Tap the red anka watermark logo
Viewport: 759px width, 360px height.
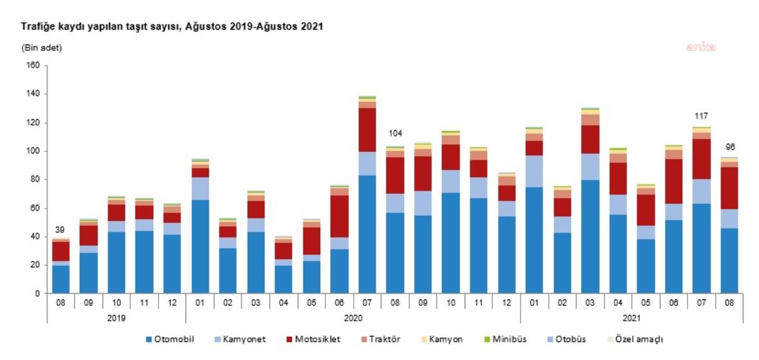tap(701, 47)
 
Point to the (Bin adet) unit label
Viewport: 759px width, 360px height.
tap(42, 48)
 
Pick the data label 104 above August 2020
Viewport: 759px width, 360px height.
tap(395, 133)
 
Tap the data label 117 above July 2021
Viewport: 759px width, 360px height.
tap(701, 116)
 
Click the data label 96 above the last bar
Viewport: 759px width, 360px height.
tap(731, 147)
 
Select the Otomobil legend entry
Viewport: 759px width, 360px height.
tap(170, 339)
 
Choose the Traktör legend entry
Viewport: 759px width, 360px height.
tap(381, 339)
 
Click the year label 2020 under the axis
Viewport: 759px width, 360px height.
tap(353, 318)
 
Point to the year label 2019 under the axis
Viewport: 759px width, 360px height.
tap(116, 318)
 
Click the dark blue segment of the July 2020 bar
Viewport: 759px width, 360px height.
tap(367, 234)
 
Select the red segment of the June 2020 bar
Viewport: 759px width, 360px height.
tap(340, 216)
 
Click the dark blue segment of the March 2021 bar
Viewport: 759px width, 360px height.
tap(590, 236)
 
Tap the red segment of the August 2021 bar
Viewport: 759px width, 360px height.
tap(729, 188)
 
